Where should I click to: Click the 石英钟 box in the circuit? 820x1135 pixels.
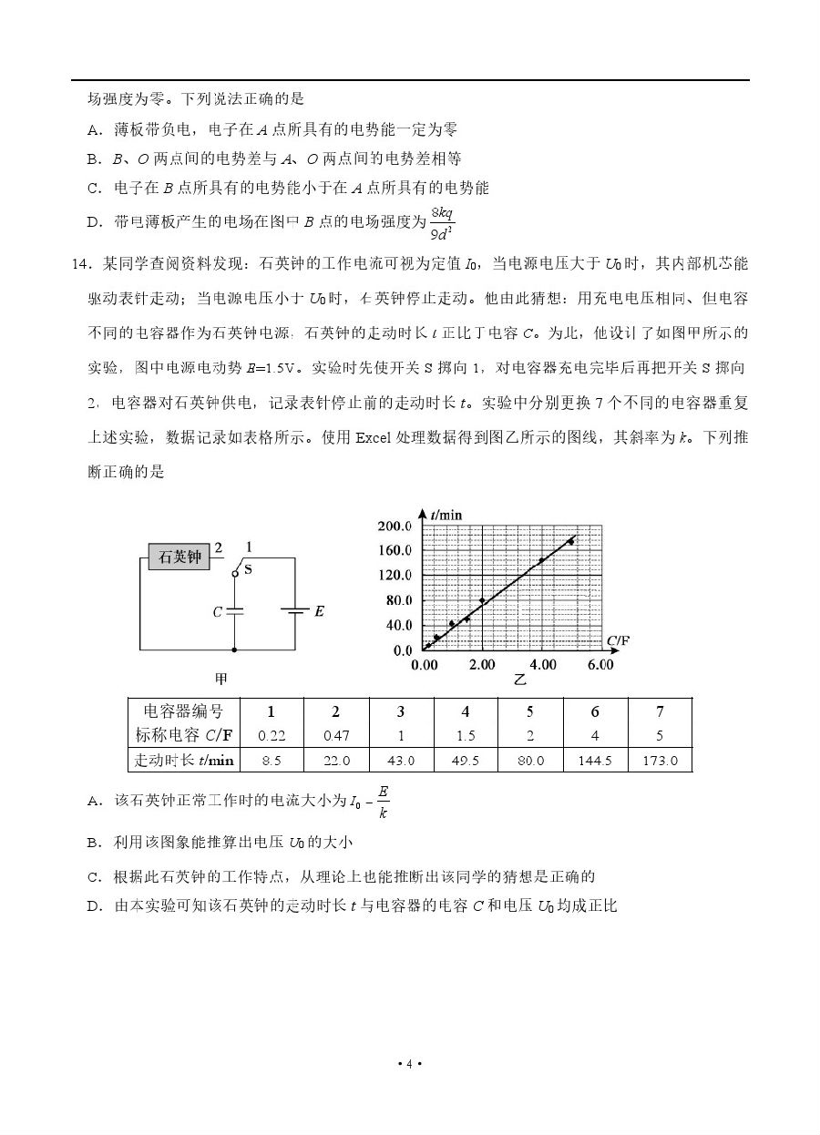(x=179, y=557)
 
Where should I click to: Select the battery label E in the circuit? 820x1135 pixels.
(x=319, y=611)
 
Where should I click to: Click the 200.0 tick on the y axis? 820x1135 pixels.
(x=395, y=527)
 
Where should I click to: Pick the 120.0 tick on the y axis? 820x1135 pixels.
(x=395, y=576)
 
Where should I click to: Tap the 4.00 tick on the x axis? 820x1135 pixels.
(x=542, y=665)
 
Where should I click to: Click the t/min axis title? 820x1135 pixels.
(x=446, y=515)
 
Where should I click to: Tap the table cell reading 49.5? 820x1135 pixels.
(x=465, y=761)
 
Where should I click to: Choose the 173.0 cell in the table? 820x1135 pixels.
(x=660, y=761)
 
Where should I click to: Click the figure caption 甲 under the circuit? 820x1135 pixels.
(x=221, y=679)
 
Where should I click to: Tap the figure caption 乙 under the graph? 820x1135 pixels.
(x=520, y=679)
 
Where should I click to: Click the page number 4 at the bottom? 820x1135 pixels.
(x=410, y=1064)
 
